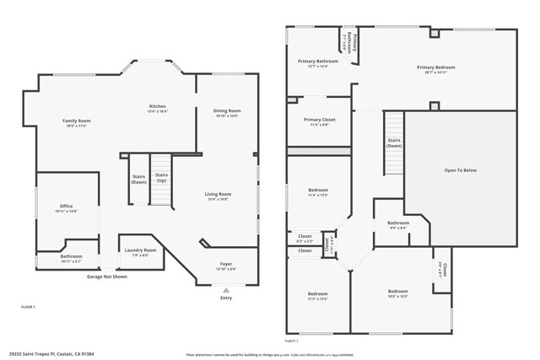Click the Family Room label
click(x=76, y=121)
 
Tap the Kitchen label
click(x=158, y=106)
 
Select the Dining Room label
click(x=227, y=111)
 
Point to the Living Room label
click(x=218, y=195)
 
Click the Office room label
click(x=66, y=207)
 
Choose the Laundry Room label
click(x=140, y=250)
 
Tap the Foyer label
click(x=227, y=265)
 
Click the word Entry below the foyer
click(x=225, y=298)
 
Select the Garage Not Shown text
click(x=107, y=277)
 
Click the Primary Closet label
click(x=319, y=120)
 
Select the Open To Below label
click(x=460, y=170)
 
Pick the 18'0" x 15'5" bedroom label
click(x=397, y=292)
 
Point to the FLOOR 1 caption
click(x=28, y=308)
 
